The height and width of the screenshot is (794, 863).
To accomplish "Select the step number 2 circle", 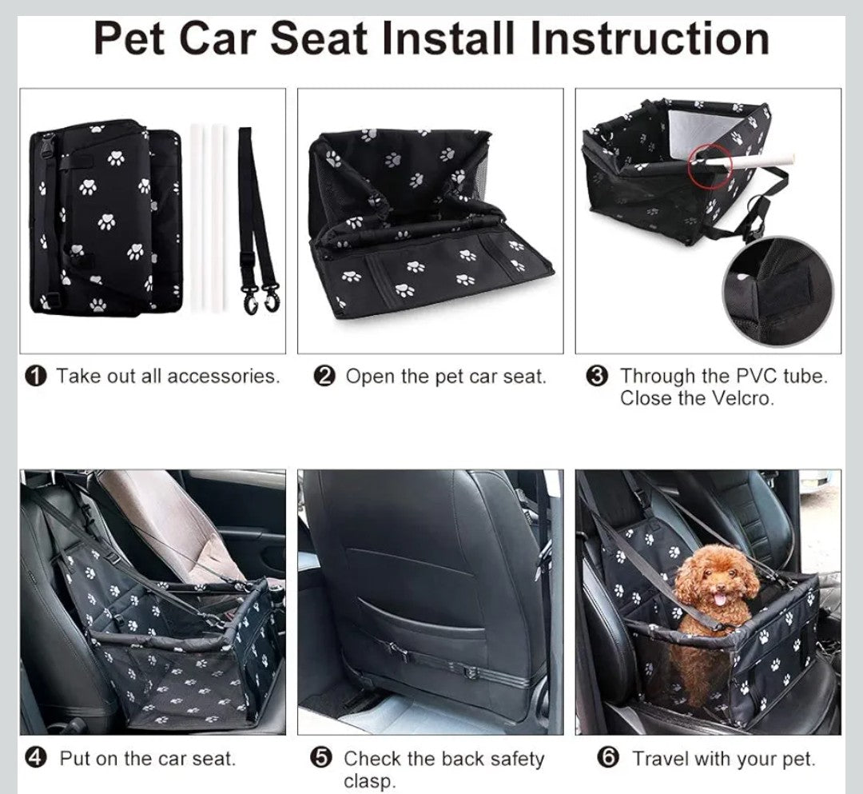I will [324, 377].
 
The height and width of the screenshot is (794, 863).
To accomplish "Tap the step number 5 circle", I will [321, 758].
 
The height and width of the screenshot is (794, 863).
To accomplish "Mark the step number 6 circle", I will [610, 758].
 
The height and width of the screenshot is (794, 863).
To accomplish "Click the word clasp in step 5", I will [369, 780].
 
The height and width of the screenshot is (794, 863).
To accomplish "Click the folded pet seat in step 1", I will [104, 216].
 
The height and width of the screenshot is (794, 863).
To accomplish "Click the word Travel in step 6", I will [660, 758].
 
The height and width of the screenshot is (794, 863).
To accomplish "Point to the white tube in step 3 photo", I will [751, 161].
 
